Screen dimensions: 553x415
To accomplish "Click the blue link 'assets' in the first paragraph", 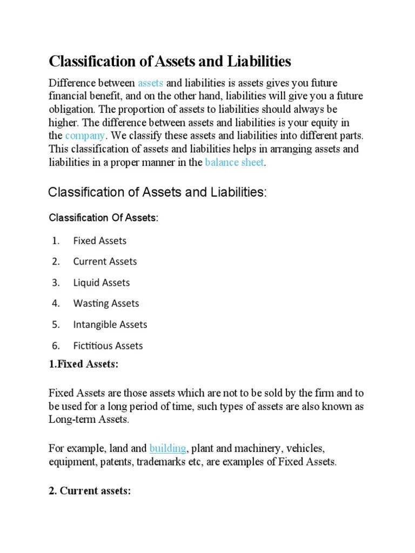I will click(x=150, y=83).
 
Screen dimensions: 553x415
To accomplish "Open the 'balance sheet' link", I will click(x=235, y=162).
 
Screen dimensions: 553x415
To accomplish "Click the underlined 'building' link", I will click(x=168, y=448).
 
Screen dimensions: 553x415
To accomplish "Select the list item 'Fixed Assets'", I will click(x=99, y=241).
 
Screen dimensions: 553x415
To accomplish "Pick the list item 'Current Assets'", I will click(x=105, y=261).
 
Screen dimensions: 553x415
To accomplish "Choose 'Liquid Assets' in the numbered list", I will click(x=102, y=282).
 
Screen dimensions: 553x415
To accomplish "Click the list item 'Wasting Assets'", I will click(x=106, y=304).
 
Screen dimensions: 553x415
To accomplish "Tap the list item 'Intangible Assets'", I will click(x=110, y=325).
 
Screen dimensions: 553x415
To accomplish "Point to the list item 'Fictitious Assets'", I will click(x=108, y=346).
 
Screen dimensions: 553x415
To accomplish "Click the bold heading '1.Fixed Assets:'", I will click(x=83, y=365).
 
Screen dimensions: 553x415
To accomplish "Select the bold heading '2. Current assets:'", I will click(x=90, y=491).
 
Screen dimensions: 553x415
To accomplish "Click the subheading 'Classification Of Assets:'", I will click(x=104, y=218).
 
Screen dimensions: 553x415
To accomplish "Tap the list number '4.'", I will click(x=56, y=304).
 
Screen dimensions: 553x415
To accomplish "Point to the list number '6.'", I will click(x=56, y=346).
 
